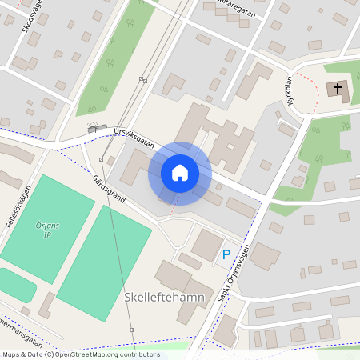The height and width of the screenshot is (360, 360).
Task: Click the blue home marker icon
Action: point(179,173)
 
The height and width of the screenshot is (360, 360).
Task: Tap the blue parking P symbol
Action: point(226,254)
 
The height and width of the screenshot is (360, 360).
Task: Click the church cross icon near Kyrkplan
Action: point(338,88)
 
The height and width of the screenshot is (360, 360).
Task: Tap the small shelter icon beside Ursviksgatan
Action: point(93,127)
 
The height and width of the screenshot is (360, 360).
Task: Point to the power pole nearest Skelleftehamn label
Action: point(131,329)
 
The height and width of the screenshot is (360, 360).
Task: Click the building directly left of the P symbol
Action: point(206,245)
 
